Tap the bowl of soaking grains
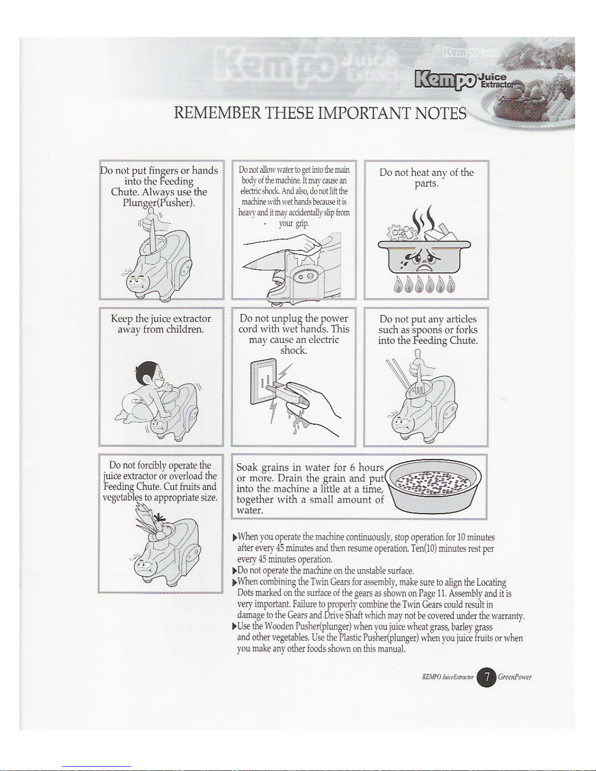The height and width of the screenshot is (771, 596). coord(433,486)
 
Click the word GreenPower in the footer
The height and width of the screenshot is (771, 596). coord(514,677)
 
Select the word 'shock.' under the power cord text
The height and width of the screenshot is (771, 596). coord(293,351)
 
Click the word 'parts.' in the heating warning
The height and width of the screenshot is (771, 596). coord(427,184)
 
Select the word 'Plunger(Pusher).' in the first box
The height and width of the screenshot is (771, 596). coord(159,202)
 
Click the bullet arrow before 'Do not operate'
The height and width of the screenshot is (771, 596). coord(234,571)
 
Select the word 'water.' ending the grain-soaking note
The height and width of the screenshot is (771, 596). coord(250,510)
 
